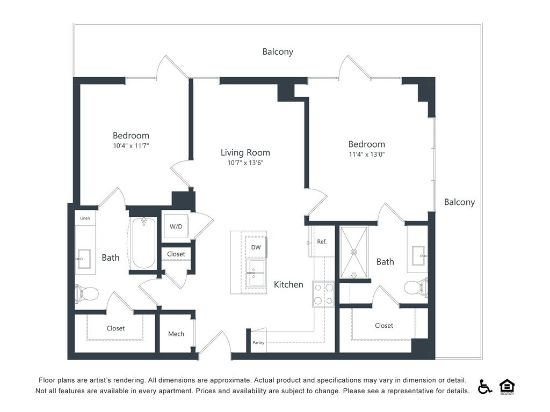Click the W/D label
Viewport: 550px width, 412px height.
(x=176, y=226)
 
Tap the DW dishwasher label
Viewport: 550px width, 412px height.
(x=256, y=247)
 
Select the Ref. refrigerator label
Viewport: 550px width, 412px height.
(x=322, y=241)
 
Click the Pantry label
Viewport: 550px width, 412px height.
(x=258, y=343)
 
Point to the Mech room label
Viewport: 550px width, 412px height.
(x=176, y=334)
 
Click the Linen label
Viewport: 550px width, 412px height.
(x=85, y=218)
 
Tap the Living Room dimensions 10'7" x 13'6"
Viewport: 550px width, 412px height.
(x=245, y=163)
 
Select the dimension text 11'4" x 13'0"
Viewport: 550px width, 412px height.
(x=367, y=154)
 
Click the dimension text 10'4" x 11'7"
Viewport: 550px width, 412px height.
(x=131, y=145)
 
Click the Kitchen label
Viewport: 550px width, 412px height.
(x=289, y=284)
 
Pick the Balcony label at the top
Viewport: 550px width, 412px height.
(x=278, y=51)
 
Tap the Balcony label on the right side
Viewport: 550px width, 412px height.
(x=459, y=202)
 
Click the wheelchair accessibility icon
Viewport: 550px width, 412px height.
(x=484, y=387)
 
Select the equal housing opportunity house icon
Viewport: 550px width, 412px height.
(x=506, y=386)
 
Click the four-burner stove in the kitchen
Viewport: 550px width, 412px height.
(x=323, y=294)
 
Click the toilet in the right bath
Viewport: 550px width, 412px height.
(x=416, y=288)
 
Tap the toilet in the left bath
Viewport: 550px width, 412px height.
(x=87, y=293)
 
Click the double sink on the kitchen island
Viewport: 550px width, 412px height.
(x=256, y=273)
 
